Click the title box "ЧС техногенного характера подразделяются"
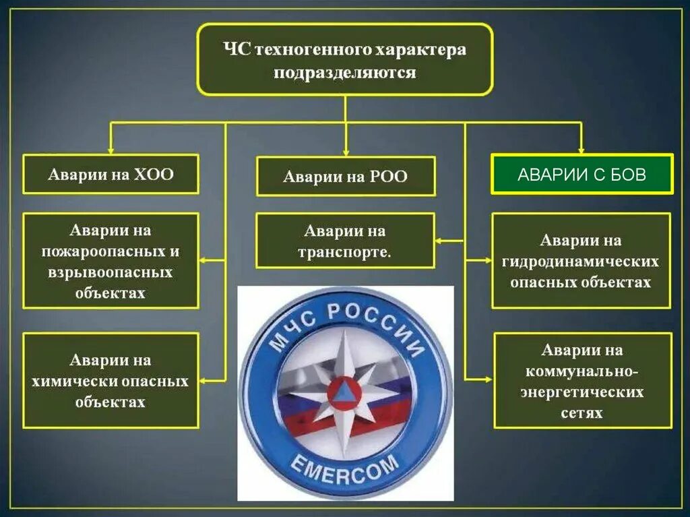[x=344, y=60]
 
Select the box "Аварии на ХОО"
[x=111, y=175]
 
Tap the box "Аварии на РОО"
[x=345, y=177]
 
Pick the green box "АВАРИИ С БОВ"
[x=582, y=175]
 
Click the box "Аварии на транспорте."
[x=345, y=241]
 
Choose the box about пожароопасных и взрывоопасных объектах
[x=111, y=261]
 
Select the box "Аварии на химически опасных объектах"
[x=111, y=380]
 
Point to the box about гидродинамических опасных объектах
[x=581, y=261]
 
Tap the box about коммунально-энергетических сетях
[x=582, y=380]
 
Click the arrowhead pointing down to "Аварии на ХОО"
[x=111, y=150]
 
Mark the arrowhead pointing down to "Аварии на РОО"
[x=345, y=152]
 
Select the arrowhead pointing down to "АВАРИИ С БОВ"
[x=582, y=150]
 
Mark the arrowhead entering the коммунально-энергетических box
[x=489, y=380]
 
